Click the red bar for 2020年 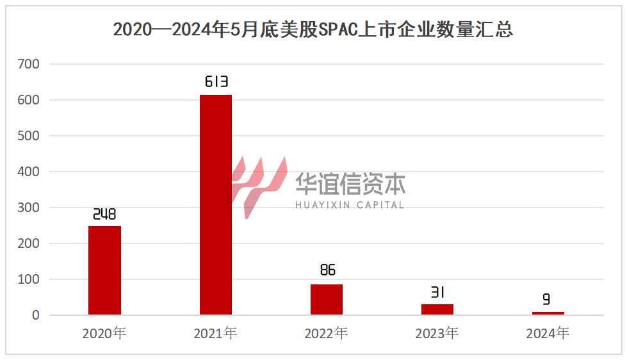(104, 270)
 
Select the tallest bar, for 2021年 (216, 204)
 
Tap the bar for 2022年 (327, 299)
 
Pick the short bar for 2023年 (437, 309)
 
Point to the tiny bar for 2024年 (548, 313)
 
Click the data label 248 (104, 214)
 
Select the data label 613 (216, 82)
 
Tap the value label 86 (327, 270)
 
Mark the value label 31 (437, 293)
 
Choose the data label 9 (547, 299)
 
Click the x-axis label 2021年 (216, 333)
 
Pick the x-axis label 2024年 (548, 333)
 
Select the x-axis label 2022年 (327, 333)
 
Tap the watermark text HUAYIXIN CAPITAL (350, 205)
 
